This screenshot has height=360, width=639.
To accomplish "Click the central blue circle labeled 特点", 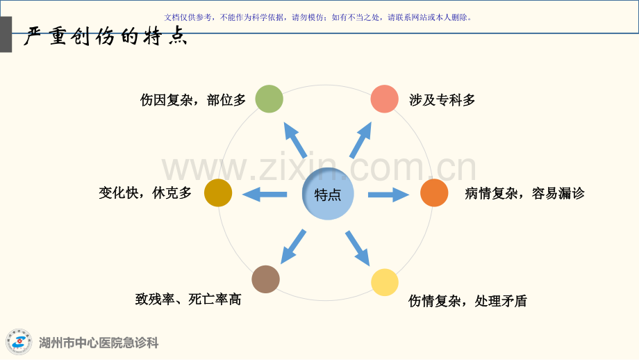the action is click(328, 194).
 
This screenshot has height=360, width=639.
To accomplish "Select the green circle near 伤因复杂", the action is click(269, 99).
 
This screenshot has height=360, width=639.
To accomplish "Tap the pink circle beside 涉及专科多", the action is click(384, 99).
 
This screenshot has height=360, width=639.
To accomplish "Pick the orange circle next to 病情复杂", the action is click(434, 193).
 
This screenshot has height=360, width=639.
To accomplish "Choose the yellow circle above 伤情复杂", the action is click(385, 282).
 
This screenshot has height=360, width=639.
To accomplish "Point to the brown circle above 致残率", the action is click(266, 279).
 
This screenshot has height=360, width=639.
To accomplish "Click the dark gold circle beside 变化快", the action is click(218, 193).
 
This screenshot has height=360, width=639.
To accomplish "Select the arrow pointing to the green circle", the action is click(295, 140).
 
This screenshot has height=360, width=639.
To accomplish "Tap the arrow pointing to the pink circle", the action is click(360, 140).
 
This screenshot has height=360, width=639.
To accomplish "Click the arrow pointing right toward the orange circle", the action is click(389, 195).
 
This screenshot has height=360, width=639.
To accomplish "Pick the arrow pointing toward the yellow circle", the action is click(358, 248).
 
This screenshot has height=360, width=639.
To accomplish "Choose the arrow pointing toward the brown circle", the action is click(293, 247).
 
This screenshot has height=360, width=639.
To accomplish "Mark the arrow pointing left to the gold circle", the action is click(265, 195).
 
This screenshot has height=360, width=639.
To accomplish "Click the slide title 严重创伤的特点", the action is click(105, 36).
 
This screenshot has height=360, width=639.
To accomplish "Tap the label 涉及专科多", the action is click(442, 100).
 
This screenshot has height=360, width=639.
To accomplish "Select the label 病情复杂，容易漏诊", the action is click(525, 193).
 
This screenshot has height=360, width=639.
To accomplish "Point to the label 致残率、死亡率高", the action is click(188, 300).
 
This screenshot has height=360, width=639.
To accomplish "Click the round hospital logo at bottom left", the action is click(19, 342).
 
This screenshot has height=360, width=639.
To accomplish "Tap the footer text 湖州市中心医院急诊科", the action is click(99, 343).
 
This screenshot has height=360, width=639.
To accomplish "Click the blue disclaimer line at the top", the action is click(318, 17).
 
